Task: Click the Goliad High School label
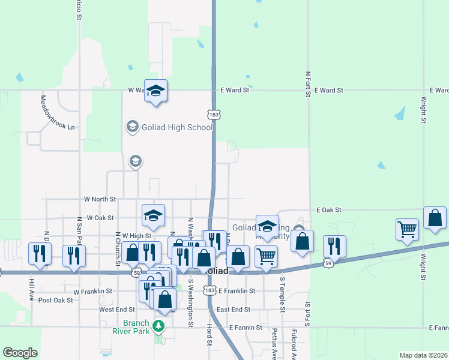point(176,127)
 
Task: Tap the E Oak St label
point(329,210)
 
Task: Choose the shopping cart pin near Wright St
point(407,230)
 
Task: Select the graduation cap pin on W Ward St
point(155,91)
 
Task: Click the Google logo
point(20,353)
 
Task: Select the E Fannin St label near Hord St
point(246,328)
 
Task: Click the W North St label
point(100,199)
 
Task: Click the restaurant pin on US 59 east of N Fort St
point(334,245)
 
